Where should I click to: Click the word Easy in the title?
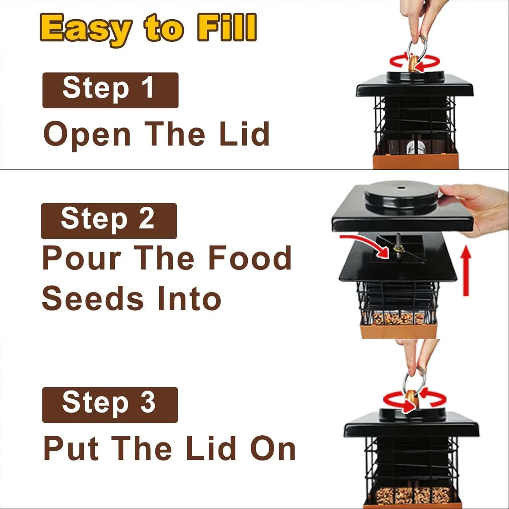point(86,29)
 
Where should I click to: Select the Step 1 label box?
point(110,90)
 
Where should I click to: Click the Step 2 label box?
point(109,221)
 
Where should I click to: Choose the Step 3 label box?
point(110,405)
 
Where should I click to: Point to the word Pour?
point(82,258)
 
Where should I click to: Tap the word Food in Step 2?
point(249,258)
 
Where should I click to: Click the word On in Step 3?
point(273,449)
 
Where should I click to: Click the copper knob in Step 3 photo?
point(411,400)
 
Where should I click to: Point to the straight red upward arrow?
point(466,271)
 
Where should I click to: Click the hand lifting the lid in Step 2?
point(478,209)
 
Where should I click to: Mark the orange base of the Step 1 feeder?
point(416,161)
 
